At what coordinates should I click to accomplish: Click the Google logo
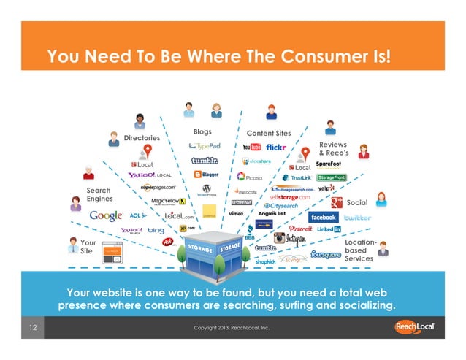click(x=106, y=216)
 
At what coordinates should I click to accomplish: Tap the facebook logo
click(x=322, y=218)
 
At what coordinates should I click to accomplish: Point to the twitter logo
click(x=357, y=218)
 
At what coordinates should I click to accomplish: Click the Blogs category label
click(x=202, y=132)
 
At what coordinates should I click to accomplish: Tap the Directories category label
click(x=142, y=137)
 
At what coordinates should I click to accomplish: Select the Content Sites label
click(x=269, y=134)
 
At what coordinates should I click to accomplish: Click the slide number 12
click(x=34, y=328)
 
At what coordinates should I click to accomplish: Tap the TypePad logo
click(x=203, y=146)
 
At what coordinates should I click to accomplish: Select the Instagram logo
click(x=290, y=238)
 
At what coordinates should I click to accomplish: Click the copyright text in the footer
click(x=232, y=328)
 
